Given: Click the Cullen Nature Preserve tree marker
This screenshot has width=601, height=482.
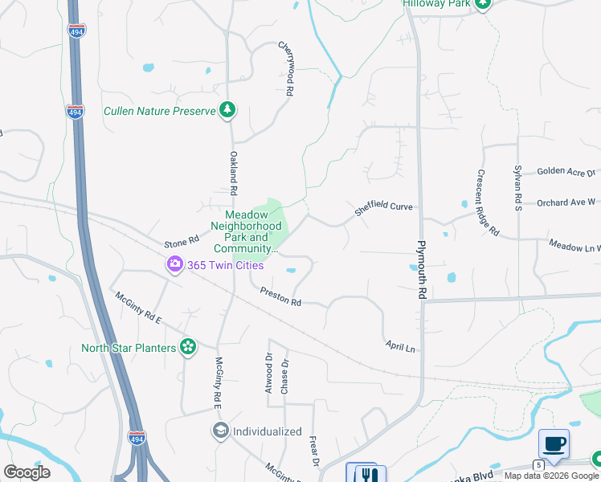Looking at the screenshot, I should (227, 110).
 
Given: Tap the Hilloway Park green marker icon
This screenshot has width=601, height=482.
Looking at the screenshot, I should (482, 3).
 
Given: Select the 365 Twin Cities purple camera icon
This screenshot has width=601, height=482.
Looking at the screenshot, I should (174, 264).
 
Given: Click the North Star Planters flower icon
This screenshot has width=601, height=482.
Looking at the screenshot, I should (188, 347).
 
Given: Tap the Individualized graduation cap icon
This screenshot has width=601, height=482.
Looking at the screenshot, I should (220, 431).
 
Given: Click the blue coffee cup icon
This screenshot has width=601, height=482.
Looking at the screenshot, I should (554, 443).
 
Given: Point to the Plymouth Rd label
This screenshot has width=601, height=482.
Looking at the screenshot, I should (420, 270).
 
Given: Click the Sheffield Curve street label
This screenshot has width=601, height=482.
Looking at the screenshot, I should (384, 207).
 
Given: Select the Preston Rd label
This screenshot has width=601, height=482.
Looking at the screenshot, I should (280, 296).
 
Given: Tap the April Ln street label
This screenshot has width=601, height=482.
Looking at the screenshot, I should (399, 347).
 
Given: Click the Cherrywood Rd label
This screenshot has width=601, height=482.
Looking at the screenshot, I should (285, 69).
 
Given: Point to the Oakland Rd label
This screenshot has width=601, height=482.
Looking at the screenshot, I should (234, 174).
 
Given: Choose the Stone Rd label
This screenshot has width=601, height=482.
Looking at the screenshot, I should (181, 241).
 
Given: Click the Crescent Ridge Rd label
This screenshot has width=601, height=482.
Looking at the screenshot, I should (489, 203).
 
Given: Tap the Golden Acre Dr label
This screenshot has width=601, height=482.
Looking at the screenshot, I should (566, 171).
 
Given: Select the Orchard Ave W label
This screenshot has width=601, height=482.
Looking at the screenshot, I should (566, 203).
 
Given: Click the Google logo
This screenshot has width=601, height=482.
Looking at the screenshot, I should (27, 472).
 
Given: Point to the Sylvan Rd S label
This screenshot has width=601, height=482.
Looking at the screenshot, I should (518, 187).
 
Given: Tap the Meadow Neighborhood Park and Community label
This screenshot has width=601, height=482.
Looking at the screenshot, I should (246, 232).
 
